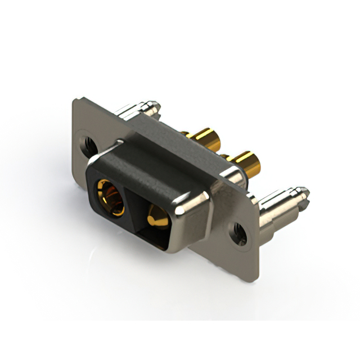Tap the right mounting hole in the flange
coord(238,231)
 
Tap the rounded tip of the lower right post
coord(305,192)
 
